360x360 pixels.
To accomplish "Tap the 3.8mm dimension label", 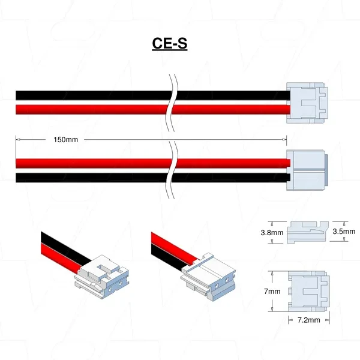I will click(272, 232).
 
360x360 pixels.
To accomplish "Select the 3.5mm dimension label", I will click(344, 231).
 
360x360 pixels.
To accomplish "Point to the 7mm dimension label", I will click(272, 291).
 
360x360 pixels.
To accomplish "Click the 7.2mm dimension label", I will click(308, 322).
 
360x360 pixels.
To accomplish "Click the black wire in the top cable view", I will click(90, 95).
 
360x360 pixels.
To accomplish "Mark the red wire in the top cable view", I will click(90, 108).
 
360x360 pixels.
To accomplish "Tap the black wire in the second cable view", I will click(90, 178).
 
